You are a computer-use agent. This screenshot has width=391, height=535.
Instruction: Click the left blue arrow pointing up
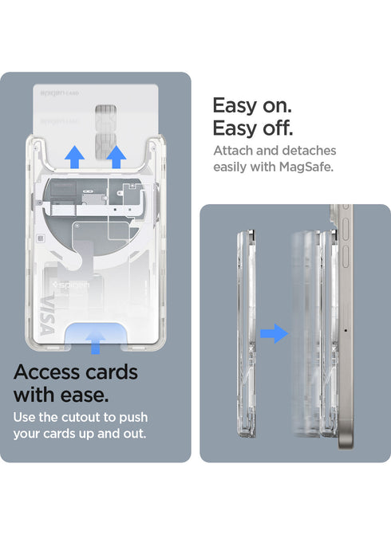point(74,158)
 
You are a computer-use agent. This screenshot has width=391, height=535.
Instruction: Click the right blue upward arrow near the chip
point(116,158)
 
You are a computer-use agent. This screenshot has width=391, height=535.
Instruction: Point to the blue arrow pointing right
point(274,333)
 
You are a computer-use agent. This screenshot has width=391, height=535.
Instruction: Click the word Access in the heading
point(47,372)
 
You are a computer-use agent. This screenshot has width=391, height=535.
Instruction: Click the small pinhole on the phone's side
point(344,330)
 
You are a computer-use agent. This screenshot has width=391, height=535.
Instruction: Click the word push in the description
point(131,418)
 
